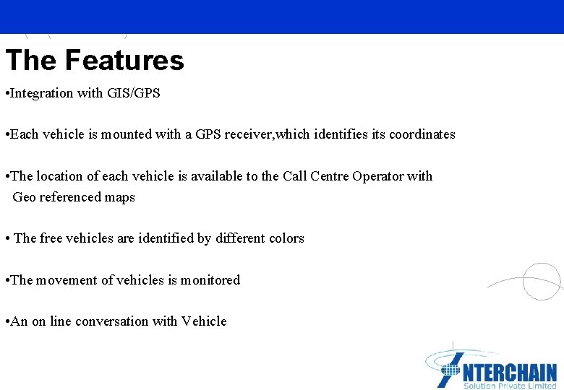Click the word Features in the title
124,60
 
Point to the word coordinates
422,134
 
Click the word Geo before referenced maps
25,197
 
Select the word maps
120,197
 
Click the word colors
286,238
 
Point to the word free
51,238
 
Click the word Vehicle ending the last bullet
204,321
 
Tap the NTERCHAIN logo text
508,371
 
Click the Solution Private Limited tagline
509,386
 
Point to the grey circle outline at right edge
541,281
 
